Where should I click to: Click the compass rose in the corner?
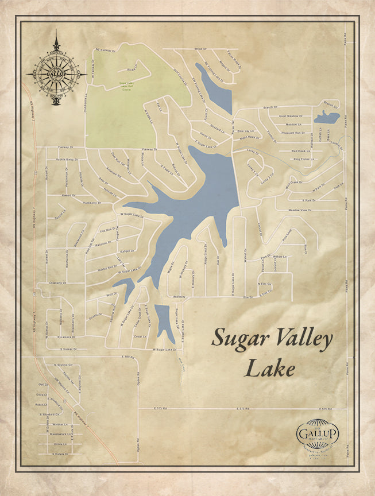pos(56,75)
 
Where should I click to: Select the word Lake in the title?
pos(270,367)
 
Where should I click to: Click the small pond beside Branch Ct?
pos(327,118)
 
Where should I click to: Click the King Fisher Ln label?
pos(305,158)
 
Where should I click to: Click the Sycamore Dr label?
pos(63,336)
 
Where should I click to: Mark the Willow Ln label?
pos(279,257)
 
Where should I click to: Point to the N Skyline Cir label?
pos(63,365)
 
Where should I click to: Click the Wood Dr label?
pos(200,49)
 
